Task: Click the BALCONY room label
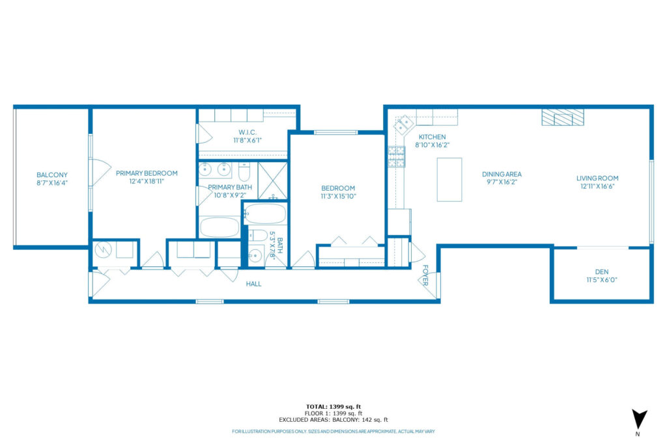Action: point(51,175)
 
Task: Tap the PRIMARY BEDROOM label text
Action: point(147,173)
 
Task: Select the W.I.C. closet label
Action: point(248,132)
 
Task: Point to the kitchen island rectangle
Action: point(449,179)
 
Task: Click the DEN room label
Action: point(601,272)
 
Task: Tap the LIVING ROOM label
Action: point(597,178)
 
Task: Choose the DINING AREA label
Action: point(502,174)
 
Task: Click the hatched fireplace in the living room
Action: point(563,117)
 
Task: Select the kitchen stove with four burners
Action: point(395,157)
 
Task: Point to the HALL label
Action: point(253,284)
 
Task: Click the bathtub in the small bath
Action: point(265,214)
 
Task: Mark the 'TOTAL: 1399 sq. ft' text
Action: point(333,406)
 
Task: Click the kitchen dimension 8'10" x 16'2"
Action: point(432,145)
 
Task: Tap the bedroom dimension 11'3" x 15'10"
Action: point(337,196)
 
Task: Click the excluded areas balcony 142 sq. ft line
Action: point(333,420)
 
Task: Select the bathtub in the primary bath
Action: point(220,227)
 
